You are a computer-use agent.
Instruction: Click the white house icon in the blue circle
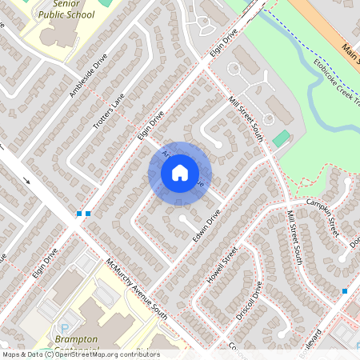[x=180, y=172]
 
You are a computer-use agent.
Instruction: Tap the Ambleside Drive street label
[x=87, y=76]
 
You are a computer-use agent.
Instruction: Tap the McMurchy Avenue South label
[x=137, y=286]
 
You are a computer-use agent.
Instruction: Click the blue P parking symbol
[x=65, y=328]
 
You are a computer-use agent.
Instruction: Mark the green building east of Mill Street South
[x=280, y=138]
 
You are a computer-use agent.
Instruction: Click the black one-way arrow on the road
[x=28, y=180]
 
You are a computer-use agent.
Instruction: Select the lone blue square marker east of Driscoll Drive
[x=344, y=291]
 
